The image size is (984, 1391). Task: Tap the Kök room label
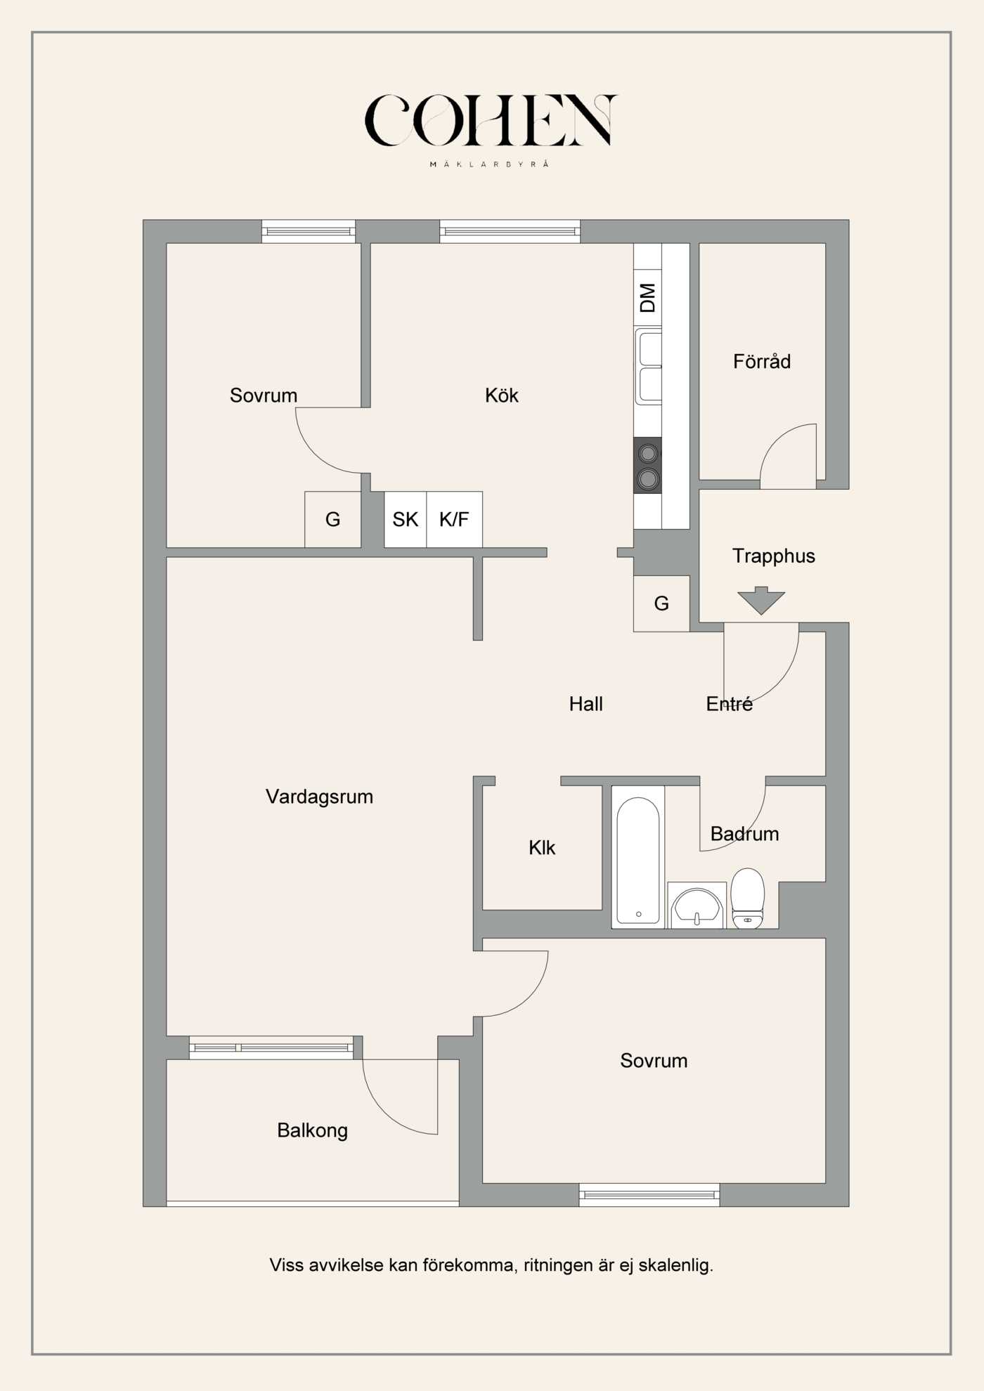(x=501, y=396)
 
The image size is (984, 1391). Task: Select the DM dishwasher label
(x=647, y=298)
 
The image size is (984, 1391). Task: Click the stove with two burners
(x=647, y=465)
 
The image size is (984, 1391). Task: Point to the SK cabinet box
(x=405, y=520)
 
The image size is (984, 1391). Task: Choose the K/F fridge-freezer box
(x=454, y=520)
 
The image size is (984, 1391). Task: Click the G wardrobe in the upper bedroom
(x=332, y=520)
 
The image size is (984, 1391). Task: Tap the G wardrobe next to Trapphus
(x=661, y=603)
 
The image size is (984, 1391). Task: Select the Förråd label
(x=762, y=362)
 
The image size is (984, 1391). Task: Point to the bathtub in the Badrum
(x=637, y=861)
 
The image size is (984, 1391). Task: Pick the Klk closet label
(x=542, y=848)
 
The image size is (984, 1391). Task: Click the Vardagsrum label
(x=319, y=797)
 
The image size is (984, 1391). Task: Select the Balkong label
(x=312, y=1130)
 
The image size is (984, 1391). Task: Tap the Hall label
(x=585, y=704)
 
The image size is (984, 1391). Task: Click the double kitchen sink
(x=649, y=367)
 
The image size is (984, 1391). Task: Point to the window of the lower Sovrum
(x=649, y=1194)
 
